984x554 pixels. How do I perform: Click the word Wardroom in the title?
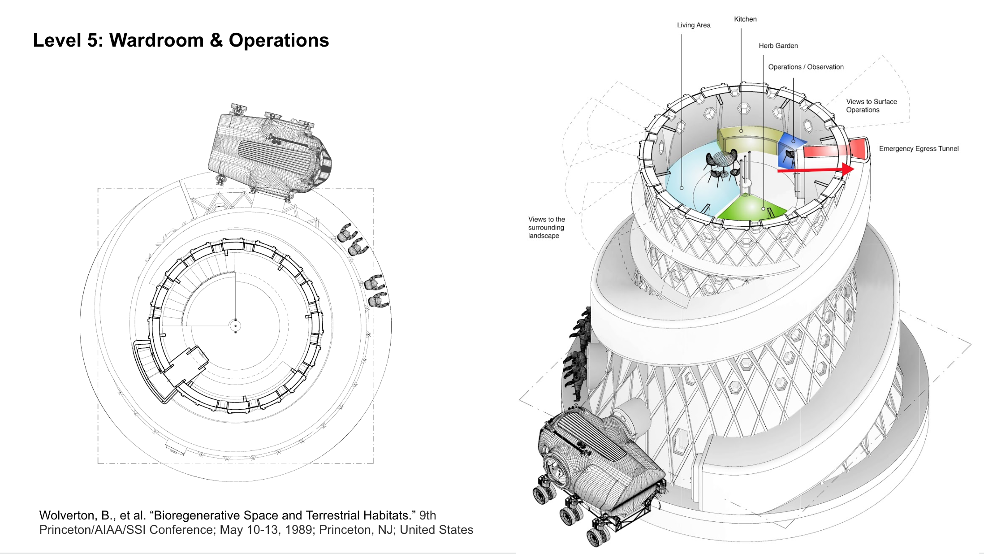click(156, 40)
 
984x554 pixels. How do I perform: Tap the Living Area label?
click(694, 25)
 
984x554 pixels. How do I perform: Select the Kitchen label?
click(745, 19)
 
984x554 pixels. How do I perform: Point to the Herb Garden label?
click(778, 46)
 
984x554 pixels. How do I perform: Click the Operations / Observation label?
click(806, 67)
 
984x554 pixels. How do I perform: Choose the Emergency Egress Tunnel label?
click(919, 149)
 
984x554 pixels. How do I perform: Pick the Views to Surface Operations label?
click(871, 106)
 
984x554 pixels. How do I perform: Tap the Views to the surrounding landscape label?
click(546, 227)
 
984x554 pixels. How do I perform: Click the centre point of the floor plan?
click(235, 326)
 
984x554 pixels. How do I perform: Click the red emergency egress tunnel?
click(833, 149)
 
